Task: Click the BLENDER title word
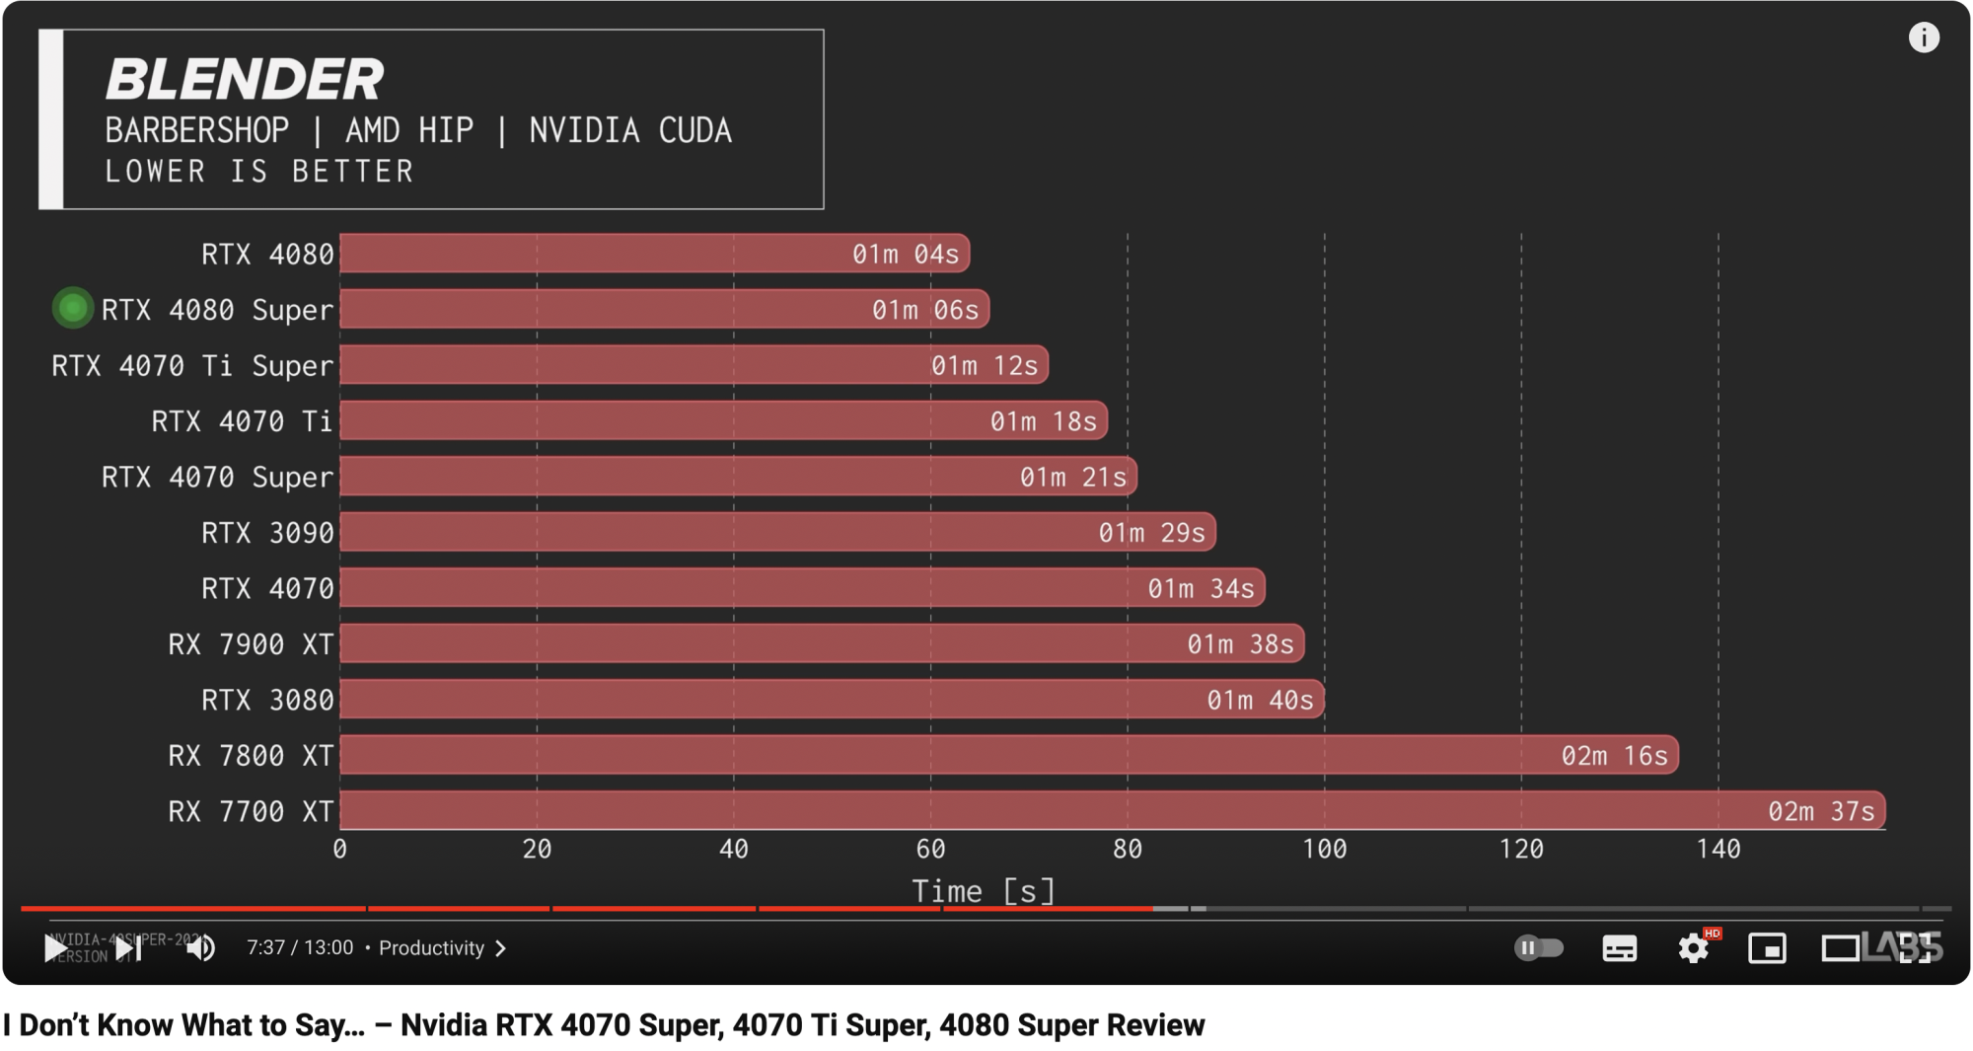pyautogui.click(x=244, y=79)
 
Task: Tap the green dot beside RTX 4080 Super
pyautogui.click(x=72, y=309)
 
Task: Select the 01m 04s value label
pyautogui.click(x=905, y=255)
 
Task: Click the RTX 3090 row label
pyautogui.click(x=267, y=533)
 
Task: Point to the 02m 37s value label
pyautogui.click(x=1820, y=811)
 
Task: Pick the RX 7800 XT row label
pyautogui.click(x=251, y=756)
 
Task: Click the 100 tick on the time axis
pyautogui.click(x=1324, y=849)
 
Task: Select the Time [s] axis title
pyautogui.click(x=983, y=891)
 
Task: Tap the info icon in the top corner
pyautogui.click(x=1923, y=38)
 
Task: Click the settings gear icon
pyautogui.click(x=1693, y=948)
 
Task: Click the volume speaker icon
pyautogui.click(x=200, y=948)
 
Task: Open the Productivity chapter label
pyautogui.click(x=432, y=948)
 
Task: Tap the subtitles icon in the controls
pyautogui.click(x=1619, y=948)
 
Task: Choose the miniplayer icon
pyautogui.click(x=1766, y=948)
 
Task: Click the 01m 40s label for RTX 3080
pyautogui.click(x=1260, y=701)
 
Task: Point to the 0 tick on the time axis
pyautogui.click(x=340, y=849)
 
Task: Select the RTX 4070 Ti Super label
pyautogui.click(x=192, y=366)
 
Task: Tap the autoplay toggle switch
pyautogui.click(x=1538, y=948)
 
